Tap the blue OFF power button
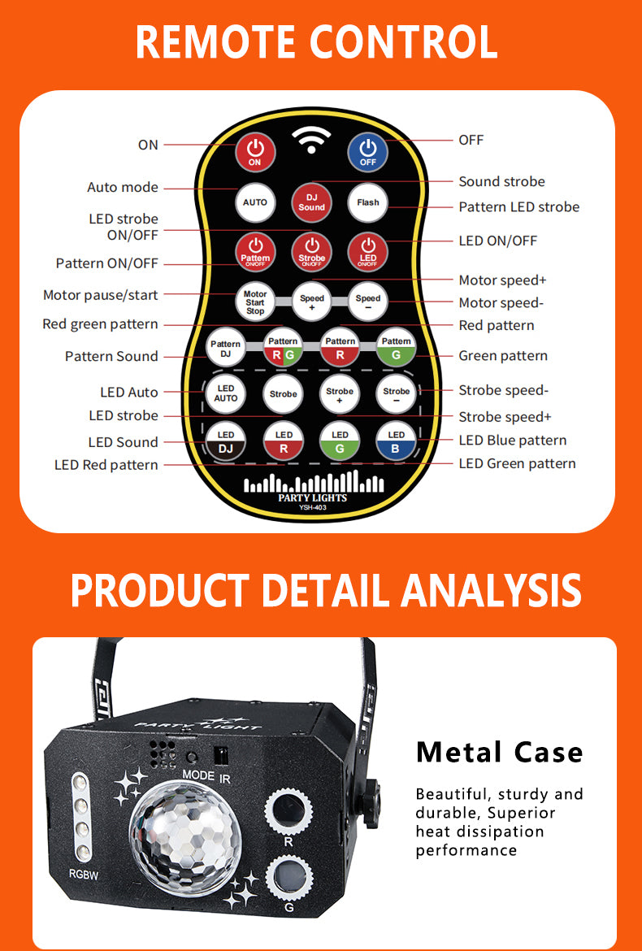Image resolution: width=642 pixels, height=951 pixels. pos(368,152)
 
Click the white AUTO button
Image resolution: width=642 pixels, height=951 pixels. pos(255,202)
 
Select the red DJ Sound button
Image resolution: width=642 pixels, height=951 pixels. pos(311,202)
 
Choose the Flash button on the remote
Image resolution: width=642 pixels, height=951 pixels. pos(368,202)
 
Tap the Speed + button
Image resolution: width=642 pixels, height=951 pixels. pos(311,302)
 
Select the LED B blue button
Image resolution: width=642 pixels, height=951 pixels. pos(397,441)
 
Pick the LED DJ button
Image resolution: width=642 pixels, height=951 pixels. pos(226,441)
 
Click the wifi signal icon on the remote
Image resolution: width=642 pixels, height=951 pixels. pos(311,140)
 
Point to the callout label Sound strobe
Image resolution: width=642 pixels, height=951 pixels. pos(501,181)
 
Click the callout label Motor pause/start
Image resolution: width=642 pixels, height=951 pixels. pos(101,295)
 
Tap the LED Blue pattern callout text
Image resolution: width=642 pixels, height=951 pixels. pos(512,441)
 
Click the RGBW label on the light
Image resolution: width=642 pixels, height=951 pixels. pos(84,875)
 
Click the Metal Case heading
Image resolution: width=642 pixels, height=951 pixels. pos(500,752)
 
